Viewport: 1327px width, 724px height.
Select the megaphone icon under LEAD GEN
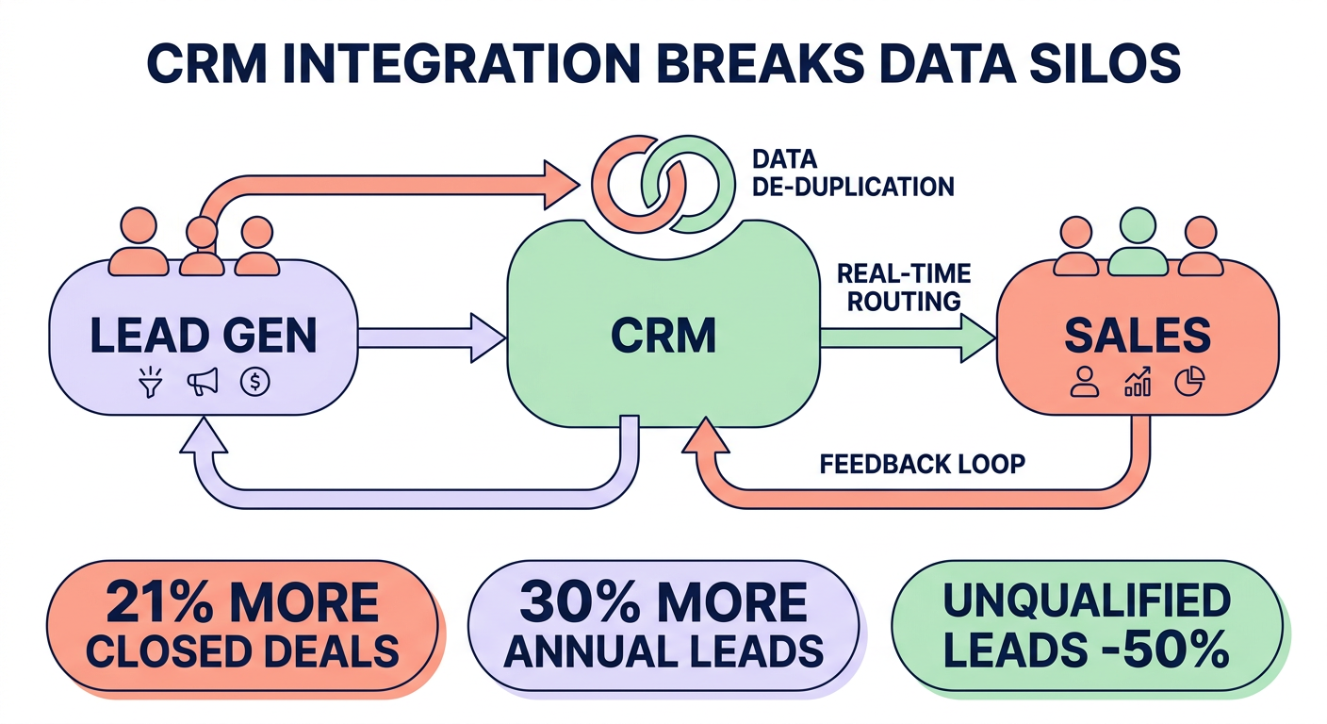(x=202, y=381)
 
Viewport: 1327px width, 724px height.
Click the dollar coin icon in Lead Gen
(x=255, y=381)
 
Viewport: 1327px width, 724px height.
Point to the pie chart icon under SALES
(x=1190, y=381)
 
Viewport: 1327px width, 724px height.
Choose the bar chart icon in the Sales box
(x=1138, y=382)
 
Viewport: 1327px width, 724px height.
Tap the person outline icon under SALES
(x=1085, y=381)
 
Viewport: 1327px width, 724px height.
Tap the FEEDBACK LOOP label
(x=922, y=464)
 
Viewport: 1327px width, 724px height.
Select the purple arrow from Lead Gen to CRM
(x=430, y=337)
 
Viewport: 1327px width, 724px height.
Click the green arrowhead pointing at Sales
(x=975, y=337)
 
